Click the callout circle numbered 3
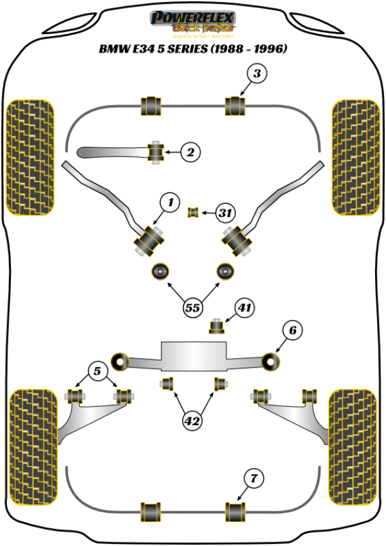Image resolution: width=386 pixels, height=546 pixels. [257, 74]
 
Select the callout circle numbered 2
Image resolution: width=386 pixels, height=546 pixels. [190, 153]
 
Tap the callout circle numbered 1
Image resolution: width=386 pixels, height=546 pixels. [170, 203]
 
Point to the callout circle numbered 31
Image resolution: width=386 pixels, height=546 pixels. [224, 212]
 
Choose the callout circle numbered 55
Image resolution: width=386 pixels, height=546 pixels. [192, 308]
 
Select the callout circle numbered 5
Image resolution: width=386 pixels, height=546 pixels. [97, 371]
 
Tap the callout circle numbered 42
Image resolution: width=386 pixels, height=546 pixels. [192, 422]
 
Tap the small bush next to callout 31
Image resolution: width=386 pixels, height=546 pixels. [192, 212]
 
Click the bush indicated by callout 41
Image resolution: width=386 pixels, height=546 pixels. [218, 326]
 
